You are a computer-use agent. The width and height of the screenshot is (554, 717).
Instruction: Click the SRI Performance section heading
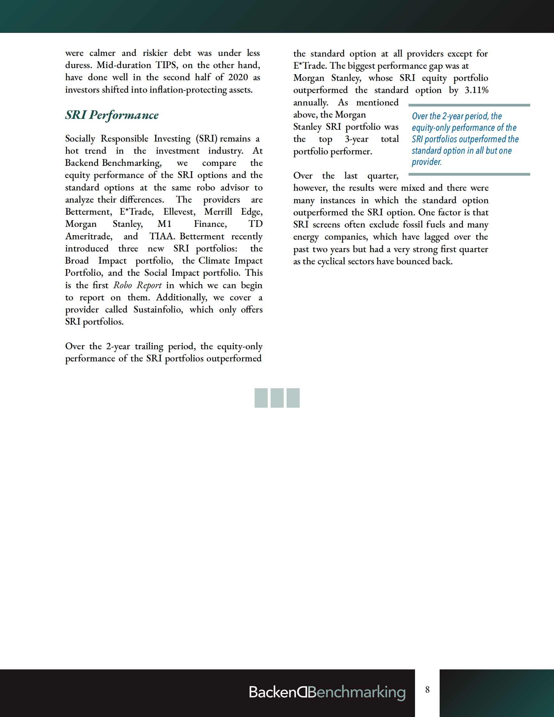(112, 115)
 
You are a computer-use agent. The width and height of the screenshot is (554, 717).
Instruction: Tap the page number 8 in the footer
(427, 690)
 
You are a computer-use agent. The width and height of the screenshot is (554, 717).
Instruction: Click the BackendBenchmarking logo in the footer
(327, 692)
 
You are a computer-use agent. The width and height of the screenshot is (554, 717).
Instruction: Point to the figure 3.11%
(476, 90)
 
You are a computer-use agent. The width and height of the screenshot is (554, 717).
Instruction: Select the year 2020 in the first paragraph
(238, 77)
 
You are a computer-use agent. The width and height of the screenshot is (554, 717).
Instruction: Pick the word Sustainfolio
(158, 310)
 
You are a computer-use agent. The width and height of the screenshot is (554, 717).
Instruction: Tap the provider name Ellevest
(179, 212)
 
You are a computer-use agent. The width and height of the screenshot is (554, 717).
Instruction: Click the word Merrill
(218, 212)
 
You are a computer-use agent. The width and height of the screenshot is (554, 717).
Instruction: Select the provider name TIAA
(161, 236)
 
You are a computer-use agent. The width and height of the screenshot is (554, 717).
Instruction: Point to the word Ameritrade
(88, 236)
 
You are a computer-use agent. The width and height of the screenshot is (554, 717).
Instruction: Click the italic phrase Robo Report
(137, 285)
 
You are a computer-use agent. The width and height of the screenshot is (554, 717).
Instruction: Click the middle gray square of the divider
(277, 398)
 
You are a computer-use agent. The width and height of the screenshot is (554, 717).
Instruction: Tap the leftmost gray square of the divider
(261, 398)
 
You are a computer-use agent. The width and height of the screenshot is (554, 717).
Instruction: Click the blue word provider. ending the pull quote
(427, 162)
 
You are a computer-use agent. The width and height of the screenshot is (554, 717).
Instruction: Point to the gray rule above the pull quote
(469, 105)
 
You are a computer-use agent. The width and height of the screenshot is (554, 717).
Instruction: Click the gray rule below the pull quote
(469, 174)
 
